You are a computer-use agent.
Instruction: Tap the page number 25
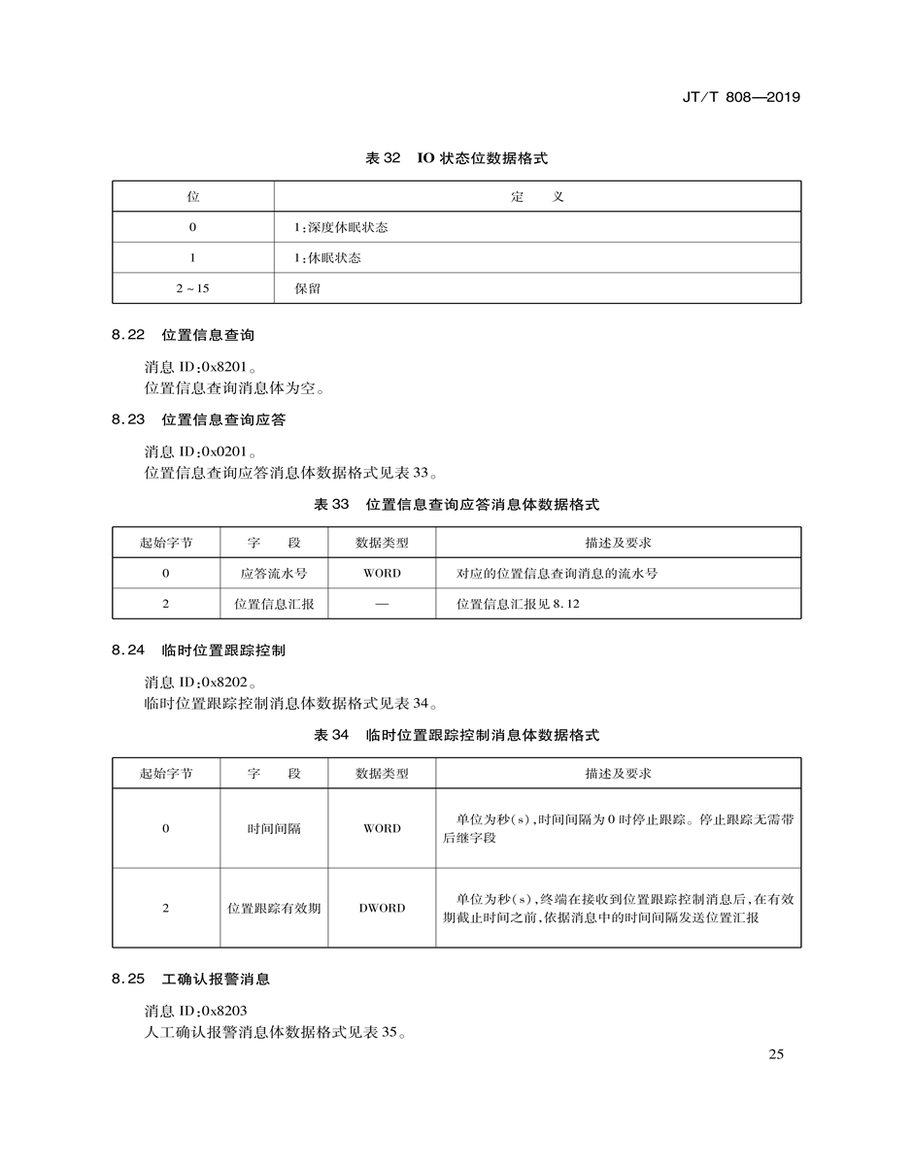click(x=775, y=1055)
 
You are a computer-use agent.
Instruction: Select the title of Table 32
click(x=456, y=158)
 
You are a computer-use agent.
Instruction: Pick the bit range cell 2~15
click(x=192, y=288)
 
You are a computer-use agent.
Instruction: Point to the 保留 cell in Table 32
click(x=308, y=288)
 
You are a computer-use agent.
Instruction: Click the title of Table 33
click(x=456, y=505)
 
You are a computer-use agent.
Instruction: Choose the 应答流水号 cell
click(x=274, y=574)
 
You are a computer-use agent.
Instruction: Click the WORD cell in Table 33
click(x=382, y=574)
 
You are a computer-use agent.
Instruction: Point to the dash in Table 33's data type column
click(x=382, y=604)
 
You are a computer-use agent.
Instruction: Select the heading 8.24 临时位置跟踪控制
click(x=198, y=650)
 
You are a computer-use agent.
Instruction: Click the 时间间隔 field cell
click(x=274, y=829)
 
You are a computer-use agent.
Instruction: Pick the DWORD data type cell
click(x=382, y=909)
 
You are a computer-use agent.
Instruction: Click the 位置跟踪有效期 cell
click(x=274, y=909)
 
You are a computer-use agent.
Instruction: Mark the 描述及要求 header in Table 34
click(x=618, y=774)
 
